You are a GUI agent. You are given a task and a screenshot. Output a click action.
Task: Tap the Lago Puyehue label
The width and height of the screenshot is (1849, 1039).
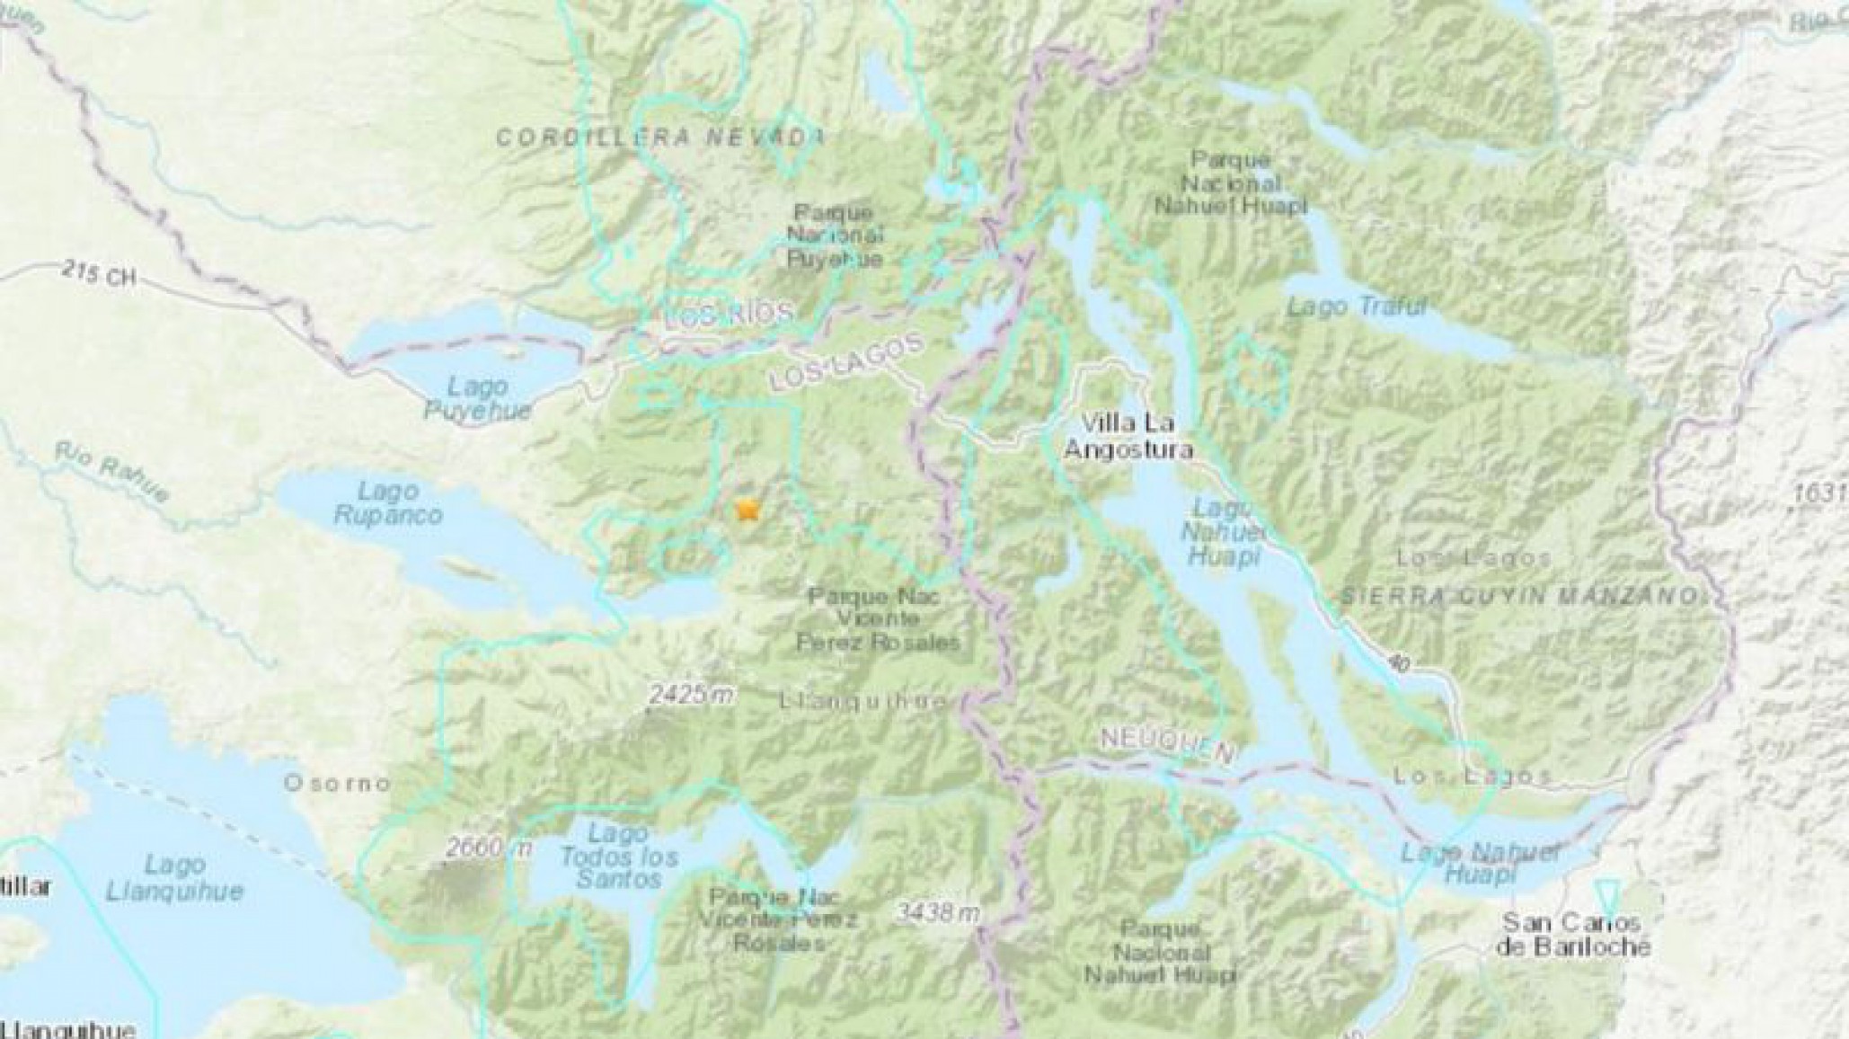(477, 399)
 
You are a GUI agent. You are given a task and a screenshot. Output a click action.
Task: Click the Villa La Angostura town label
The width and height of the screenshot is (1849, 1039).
(1128, 436)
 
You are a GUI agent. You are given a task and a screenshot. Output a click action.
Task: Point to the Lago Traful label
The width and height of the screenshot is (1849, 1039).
(1357, 306)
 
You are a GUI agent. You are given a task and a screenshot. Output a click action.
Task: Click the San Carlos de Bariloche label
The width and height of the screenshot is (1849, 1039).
(1574, 934)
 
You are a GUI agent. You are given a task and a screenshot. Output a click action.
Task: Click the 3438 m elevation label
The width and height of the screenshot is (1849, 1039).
(937, 913)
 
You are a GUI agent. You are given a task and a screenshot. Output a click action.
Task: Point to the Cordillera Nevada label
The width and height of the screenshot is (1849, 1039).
(659, 138)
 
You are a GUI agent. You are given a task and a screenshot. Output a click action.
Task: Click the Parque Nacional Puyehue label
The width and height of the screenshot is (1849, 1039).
(835, 236)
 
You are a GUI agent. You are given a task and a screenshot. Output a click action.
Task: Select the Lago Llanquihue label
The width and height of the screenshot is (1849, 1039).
(174, 878)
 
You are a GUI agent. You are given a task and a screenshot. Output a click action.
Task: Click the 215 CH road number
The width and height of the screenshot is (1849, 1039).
(99, 273)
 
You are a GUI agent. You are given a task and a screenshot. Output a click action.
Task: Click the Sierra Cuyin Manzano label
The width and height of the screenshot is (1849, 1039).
(1519, 595)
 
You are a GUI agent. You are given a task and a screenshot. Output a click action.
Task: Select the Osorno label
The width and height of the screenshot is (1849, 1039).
(337, 783)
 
